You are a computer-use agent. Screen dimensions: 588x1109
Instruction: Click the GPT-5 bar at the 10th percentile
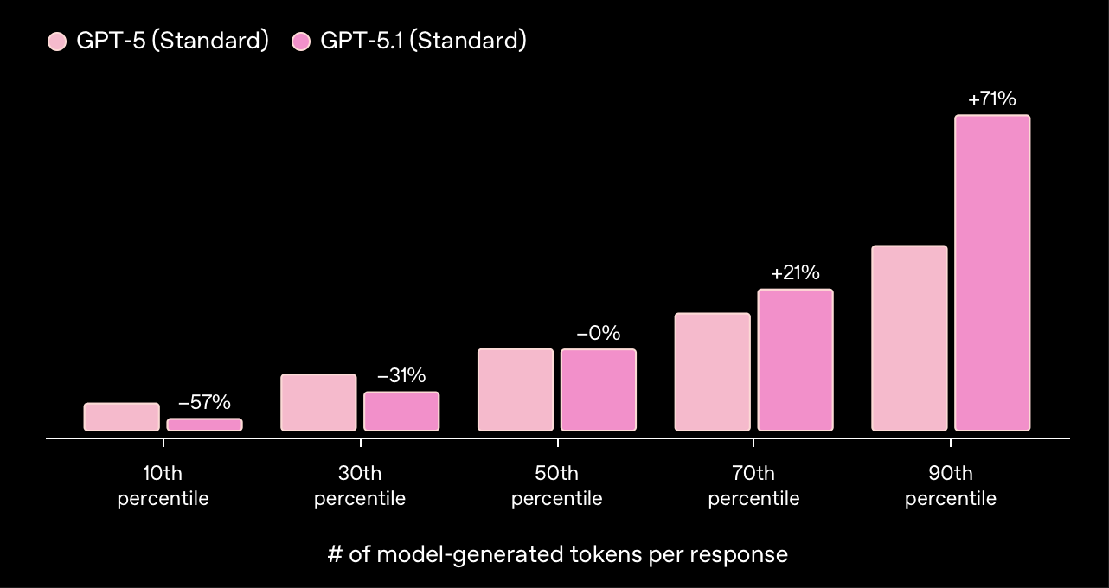[122, 417]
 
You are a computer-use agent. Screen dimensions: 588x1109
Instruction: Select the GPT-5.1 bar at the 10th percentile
[204, 425]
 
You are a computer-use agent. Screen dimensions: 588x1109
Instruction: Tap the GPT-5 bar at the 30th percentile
[318, 402]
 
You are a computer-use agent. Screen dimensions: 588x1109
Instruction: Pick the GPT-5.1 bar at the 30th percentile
[401, 412]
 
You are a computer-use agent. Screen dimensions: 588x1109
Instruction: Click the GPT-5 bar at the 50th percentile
[516, 390]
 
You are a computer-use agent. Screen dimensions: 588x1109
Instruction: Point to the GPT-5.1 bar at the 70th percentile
[795, 360]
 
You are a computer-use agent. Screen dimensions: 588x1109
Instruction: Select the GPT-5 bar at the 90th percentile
[909, 338]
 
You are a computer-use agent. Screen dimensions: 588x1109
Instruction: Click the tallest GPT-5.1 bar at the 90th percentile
[992, 272]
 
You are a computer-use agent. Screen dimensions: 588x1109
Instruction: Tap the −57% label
[204, 402]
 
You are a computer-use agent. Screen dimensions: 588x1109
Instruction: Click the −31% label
[401, 376]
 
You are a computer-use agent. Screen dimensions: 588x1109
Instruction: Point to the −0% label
[599, 333]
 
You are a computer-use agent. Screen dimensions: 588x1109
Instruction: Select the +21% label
[795, 273]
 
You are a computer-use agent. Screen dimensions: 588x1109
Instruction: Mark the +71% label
[992, 99]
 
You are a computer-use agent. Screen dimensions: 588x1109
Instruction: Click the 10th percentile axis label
[163, 486]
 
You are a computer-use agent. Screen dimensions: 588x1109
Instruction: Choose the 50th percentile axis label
[556, 486]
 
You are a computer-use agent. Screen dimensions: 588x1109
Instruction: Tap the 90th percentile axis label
[951, 486]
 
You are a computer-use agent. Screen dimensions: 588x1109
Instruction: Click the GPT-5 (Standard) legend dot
[57, 42]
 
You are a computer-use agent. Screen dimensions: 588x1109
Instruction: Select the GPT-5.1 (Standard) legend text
[423, 41]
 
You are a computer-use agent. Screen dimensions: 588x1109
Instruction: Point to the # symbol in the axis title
[335, 554]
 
